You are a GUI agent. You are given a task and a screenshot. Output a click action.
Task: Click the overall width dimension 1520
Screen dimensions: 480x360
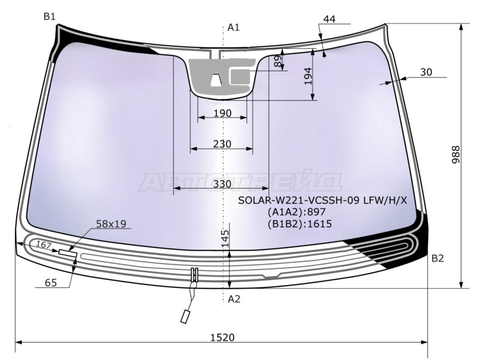click(223, 337)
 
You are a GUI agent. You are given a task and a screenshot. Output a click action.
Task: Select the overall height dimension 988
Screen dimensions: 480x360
click(455, 155)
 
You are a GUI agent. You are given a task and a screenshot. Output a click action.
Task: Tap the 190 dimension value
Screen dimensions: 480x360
click(223, 113)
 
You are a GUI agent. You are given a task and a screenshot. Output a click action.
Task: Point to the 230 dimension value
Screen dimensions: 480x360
click(222, 144)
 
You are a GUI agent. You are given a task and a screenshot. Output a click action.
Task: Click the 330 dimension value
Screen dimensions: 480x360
click(222, 184)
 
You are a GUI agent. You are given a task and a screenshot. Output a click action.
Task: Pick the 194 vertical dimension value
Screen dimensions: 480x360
click(308, 76)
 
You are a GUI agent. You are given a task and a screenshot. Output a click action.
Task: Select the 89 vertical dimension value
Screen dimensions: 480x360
click(278, 62)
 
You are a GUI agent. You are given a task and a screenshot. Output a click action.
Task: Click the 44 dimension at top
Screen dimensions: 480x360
click(329, 19)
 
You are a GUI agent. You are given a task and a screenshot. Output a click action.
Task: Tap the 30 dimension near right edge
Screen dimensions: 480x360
click(426, 72)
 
